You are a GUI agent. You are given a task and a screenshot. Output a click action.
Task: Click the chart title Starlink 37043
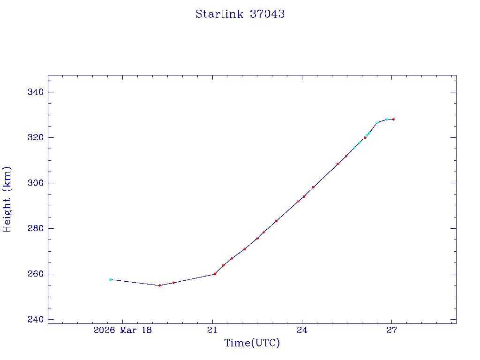pyautogui.click(x=240, y=14)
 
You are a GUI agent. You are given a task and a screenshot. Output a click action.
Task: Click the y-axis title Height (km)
pyautogui.click(x=7, y=199)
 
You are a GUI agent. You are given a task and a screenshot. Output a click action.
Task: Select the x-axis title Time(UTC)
pyautogui.click(x=252, y=343)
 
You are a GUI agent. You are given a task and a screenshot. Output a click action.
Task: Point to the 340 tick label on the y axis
pyautogui.click(x=35, y=92)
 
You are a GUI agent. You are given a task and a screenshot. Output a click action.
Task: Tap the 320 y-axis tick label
pyautogui.click(x=35, y=137)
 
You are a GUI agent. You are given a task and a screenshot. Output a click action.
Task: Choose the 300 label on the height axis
pyautogui.click(x=35, y=183)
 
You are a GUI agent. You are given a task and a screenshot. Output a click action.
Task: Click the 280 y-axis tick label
pyautogui.click(x=35, y=228)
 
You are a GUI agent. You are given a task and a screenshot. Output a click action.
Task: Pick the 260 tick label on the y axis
pyautogui.click(x=35, y=274)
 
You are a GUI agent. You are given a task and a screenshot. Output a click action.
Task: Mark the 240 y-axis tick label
pyautogui.click(x=35, y=319)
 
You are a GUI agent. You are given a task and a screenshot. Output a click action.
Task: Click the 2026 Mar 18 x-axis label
pyautogui.click(x=122, y=330)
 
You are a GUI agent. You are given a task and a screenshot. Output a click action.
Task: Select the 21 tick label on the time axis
pyautogui.click(x=212, y=330)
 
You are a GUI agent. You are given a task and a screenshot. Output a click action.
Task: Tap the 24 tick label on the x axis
pyautogui.click(x=302, y=330)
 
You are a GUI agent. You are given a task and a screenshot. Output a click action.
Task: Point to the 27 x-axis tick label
pyautogui.click(x=392, y=330)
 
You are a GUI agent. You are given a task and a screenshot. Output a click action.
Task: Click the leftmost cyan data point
pyautogui.click(x=111, y=279)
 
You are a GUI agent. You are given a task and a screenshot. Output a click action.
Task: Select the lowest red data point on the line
pyautogui.click(x=159, y=285)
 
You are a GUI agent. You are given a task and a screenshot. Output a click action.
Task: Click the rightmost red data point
pyautogui.click(x=393, y=120)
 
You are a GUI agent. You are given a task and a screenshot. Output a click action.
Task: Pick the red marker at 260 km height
pyautogui.click(x=215, y=274)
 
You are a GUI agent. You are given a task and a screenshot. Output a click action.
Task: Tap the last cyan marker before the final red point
pyautogui.click(x=386, y=120)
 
